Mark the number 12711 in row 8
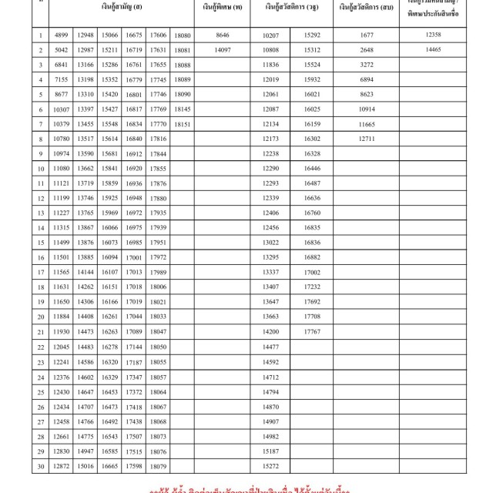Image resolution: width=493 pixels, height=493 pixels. pos(366,139)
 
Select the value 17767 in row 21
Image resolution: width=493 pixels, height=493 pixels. pos(312,330)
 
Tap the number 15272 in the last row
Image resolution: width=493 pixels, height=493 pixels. pos(270,466)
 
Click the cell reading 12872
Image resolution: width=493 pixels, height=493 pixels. pos(62,466)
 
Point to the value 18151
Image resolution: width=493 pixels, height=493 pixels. pos(183,124)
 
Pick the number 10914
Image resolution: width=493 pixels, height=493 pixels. pos(366,109)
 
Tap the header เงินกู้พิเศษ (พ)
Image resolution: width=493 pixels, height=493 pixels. pos(223,8)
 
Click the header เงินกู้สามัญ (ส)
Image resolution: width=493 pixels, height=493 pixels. pos(120,8)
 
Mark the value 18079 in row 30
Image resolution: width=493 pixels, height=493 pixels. pos(159,466)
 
